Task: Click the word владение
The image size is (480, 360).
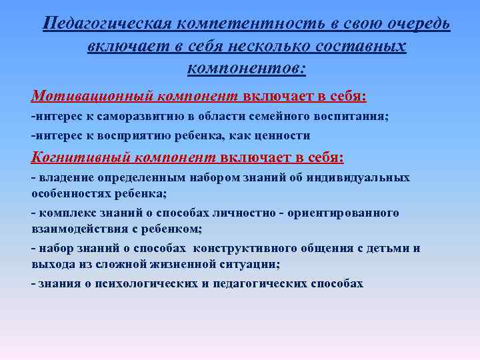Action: point(65,178)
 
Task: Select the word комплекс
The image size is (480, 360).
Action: point(64,213)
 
